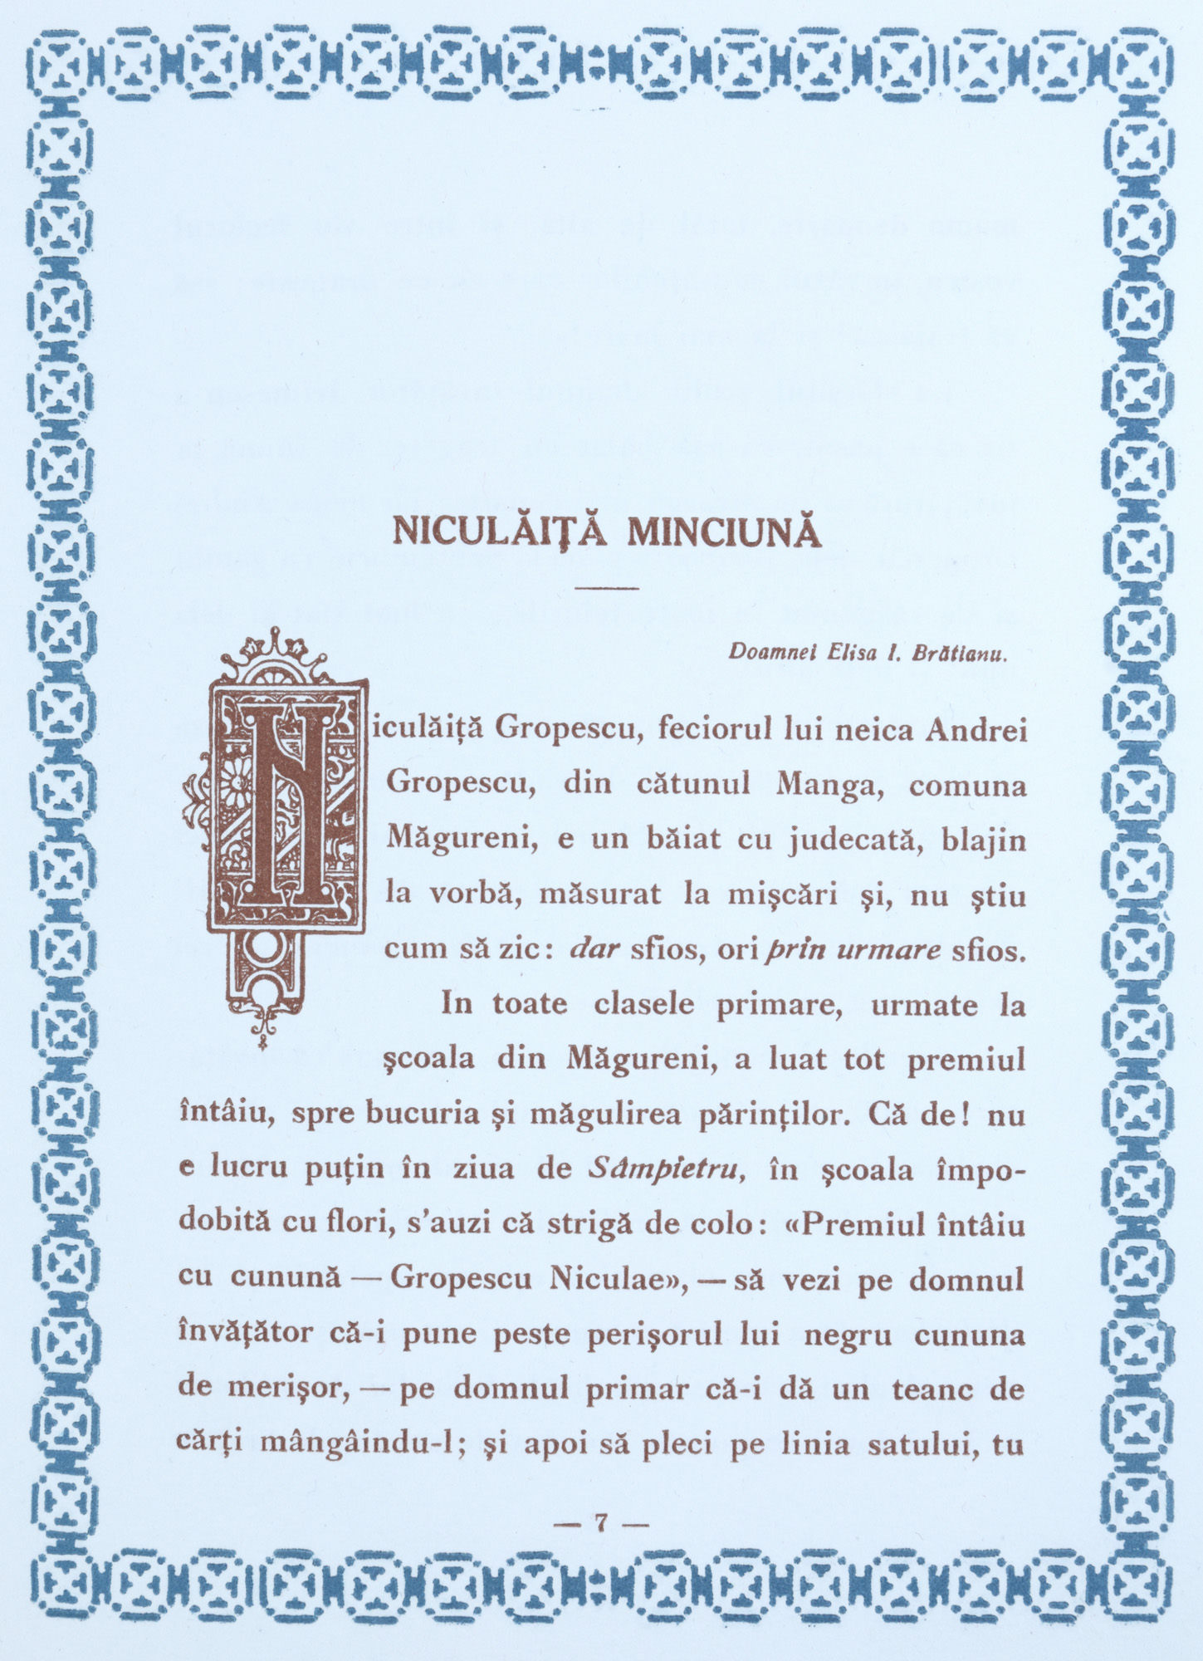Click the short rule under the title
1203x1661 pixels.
[x=605, y=589]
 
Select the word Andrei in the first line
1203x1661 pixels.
[x=976, y=731]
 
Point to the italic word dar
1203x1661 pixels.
[x=596, y=949]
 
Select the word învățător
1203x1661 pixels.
[x=247, y=1334]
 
